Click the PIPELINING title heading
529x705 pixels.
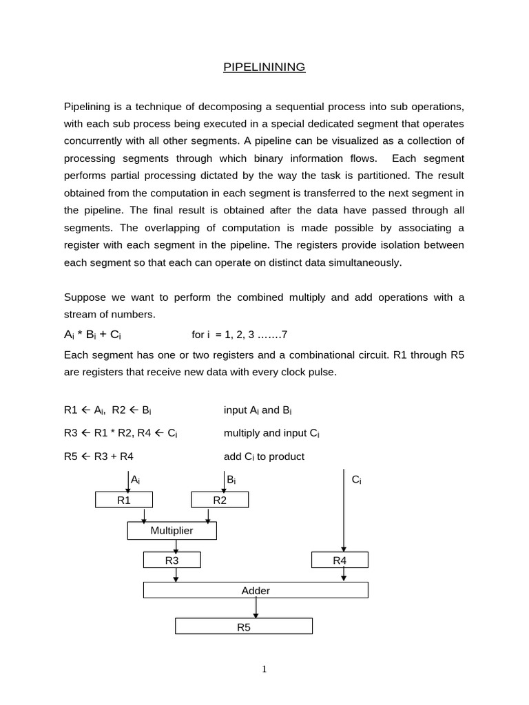click(x=264, y=67)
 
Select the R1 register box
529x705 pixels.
click(x=124, y=501)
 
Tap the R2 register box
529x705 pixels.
click(x=220, y=501)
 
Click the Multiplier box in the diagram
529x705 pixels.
click(x=172, y=530)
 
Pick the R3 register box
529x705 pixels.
click(x=172, y=560)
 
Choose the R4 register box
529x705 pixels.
click(x=340, y=560)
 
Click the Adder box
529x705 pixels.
click(x=256, y=591)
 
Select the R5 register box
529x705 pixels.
click(x=243, y=627)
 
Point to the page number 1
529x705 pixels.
click(x=264, y=669)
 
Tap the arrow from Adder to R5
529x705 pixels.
click(x=256, y=608)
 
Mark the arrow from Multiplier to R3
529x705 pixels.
click(x=176, y=546)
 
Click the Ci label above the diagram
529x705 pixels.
click(x=356, y=479)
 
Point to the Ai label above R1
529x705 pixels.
click(x=136, y=479)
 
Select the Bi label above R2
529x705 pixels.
click(x=231, y=479)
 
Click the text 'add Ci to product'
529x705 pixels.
click(x=264, y=456)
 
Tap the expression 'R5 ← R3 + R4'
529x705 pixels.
click(x=103, y=456)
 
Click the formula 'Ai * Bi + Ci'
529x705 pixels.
click(x=93, y=335)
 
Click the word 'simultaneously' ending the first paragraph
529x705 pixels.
click(x=366, y=262)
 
